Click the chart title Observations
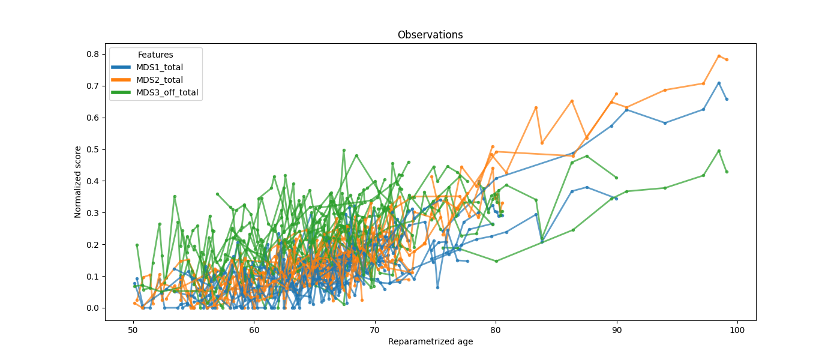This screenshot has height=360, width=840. (x=430, y=35)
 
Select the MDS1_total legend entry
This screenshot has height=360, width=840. (x=159, y=67)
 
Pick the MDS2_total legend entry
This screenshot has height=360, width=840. (x=159, y=80)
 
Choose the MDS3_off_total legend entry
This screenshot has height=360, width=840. (x=167, y=92)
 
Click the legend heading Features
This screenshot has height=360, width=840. (x=155, y=55)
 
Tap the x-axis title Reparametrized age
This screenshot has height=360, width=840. (x=430, y=342)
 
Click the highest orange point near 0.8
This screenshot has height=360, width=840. (x=719, y=56)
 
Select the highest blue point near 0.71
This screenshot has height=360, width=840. (x=719, y=83)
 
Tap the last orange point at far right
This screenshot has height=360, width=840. (x=727, y=59)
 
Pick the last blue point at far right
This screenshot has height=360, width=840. (x=727, y=99)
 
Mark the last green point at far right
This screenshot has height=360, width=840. (x=727, y=172)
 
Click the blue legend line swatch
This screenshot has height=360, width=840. (x=122, y=67)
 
